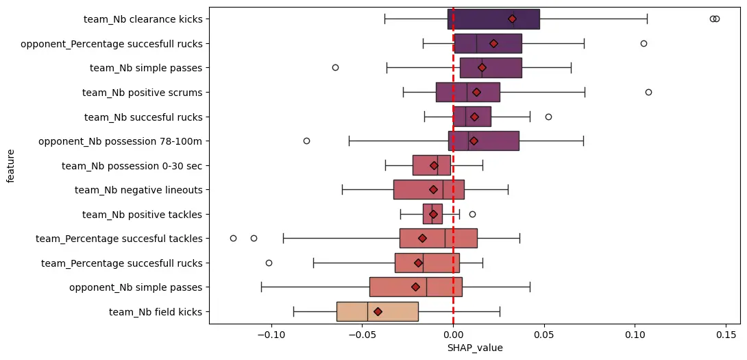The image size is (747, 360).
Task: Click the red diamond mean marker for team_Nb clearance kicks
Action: click(512, 19)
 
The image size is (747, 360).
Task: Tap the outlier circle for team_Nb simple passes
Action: click(335, 67)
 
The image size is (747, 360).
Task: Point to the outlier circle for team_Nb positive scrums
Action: click(648, 92)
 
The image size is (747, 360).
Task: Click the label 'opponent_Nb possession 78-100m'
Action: click(121, 141)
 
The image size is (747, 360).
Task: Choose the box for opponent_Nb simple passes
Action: click(415, 287)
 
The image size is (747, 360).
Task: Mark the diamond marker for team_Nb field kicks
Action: click(378, 312)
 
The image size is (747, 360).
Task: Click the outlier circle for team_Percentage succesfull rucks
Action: click(269, 263)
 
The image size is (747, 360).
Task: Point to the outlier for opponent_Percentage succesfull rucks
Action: click(644, 43)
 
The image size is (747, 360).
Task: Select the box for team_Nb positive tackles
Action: click(432, 214)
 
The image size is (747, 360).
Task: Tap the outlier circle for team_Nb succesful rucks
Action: click(548, 117)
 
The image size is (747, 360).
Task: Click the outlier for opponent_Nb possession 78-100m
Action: click(306, 141)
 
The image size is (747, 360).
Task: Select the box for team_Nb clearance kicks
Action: click(493, 19)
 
